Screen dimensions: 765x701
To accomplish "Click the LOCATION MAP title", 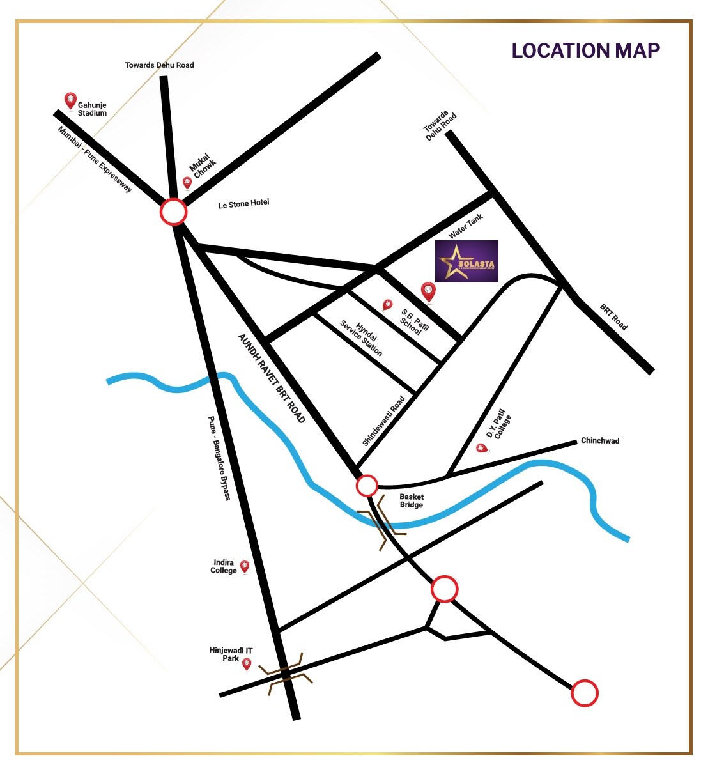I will (x=585, y=50).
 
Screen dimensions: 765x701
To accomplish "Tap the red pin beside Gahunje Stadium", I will (x=70, y=101).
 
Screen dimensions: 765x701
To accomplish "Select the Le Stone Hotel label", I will (x=243, y=204).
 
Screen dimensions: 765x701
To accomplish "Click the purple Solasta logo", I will (x=466, y=261).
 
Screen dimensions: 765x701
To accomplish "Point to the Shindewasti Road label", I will (x=383, y=420).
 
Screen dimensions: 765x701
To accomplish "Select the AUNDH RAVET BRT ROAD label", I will (x=272, y=378).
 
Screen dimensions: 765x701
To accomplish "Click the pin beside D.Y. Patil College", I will (x=481, y=449).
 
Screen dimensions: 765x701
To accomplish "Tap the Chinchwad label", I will (x=599, y=440).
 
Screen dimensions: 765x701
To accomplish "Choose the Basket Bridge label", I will (x=412, y=500).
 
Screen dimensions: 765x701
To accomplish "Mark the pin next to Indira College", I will (x=244, y=567).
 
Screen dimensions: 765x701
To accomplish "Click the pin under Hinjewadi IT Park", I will (x=247, y=665).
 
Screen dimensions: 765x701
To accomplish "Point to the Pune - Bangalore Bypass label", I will (x=219, y=458).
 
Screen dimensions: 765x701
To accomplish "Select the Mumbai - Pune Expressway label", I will (x=95, y=159).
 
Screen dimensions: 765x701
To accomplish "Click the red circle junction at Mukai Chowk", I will (x=173, y=212).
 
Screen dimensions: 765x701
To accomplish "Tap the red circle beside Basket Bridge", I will (x=367, y=486).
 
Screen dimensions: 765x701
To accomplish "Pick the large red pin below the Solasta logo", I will (x=428, y=292).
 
